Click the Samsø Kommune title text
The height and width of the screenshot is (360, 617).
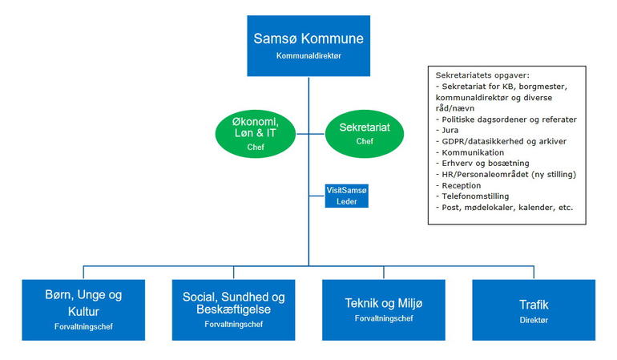click(308, 38)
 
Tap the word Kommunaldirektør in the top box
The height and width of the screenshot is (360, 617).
click(308, 56)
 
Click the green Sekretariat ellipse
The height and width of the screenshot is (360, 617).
click(359, 131)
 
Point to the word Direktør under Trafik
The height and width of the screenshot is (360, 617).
click(534, 319)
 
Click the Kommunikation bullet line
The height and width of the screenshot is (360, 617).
click(470, 152)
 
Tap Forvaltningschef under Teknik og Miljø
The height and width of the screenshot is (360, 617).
click(383, 318)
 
